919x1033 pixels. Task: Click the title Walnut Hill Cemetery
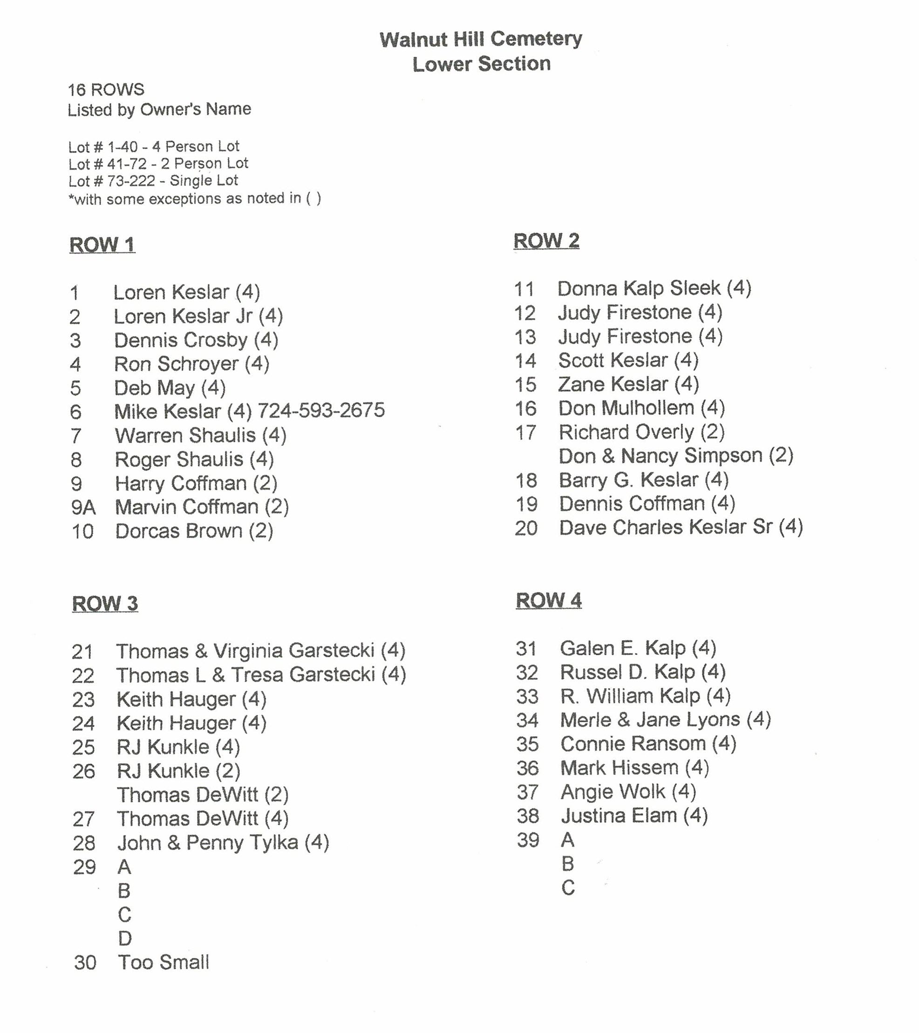tap(481, 39)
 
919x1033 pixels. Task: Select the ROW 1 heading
tap(102, 245)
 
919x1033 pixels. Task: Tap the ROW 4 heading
tap(548, 601)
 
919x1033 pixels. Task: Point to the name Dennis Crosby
tap(181, 340)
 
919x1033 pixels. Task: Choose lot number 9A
tap(83, 507)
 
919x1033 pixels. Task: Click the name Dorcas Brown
tap(179, 531)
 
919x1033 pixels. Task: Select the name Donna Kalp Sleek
tap(639, 288)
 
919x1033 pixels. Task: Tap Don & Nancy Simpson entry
tap(675, 456)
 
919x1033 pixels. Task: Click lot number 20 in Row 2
tap(526, 528)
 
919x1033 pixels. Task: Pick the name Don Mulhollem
tap(626, 408)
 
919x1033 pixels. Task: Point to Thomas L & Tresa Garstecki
tap(245, 675)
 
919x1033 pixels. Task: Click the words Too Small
tap(163, 962)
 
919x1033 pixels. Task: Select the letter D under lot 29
tap(125, 938)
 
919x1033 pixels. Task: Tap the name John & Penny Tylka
tap(208, 842)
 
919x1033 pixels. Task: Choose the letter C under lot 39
tap(568, 888)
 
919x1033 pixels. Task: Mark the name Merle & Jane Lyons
tap(650, 720)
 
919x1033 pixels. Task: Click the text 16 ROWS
tap(106, 90)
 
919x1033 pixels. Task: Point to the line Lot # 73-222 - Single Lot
tap(153, 180)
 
